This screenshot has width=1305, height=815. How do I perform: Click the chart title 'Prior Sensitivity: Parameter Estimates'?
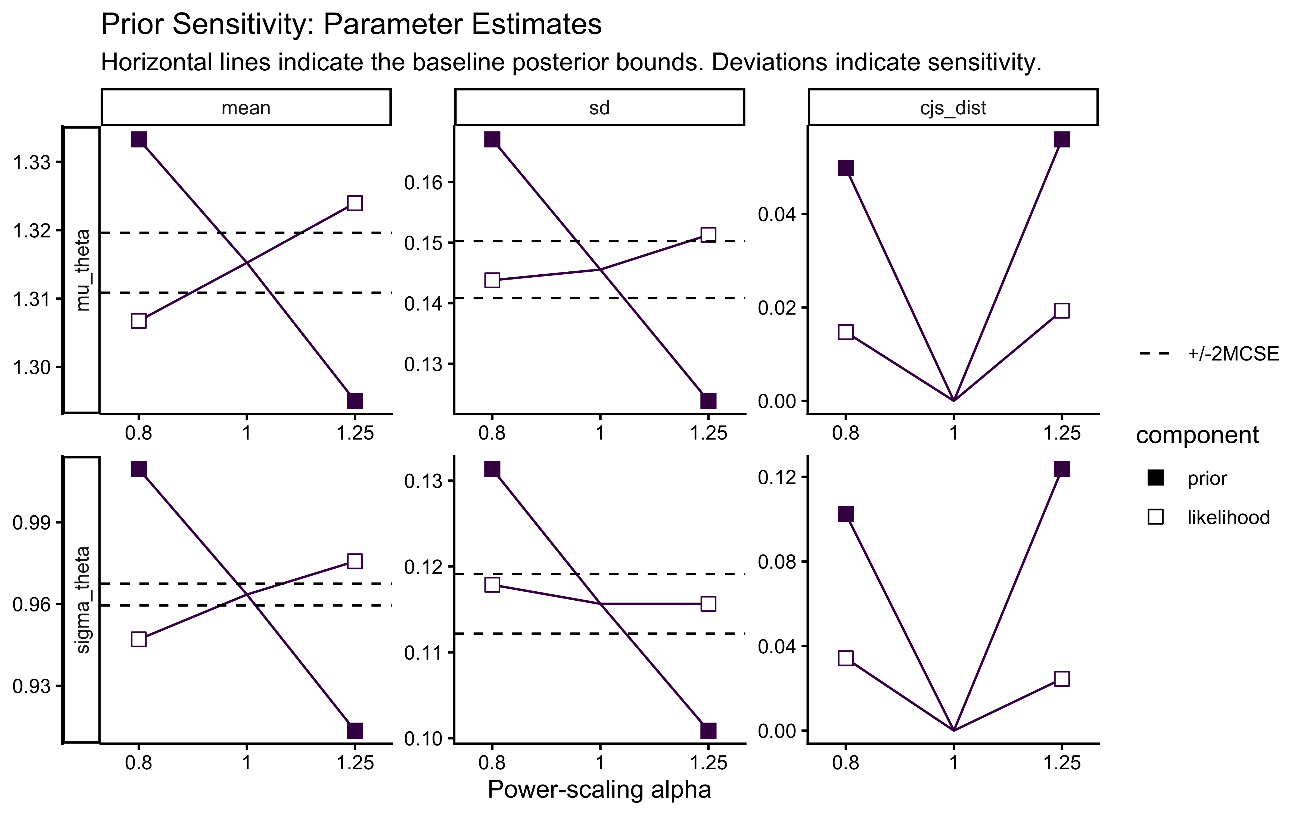[351, 25]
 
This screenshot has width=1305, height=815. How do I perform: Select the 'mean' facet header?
[246, 108]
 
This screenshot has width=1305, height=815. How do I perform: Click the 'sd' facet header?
[599, 108]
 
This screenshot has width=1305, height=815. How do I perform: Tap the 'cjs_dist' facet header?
[953, 108]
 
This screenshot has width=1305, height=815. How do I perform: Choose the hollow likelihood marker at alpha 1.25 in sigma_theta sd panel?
[708, 604]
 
